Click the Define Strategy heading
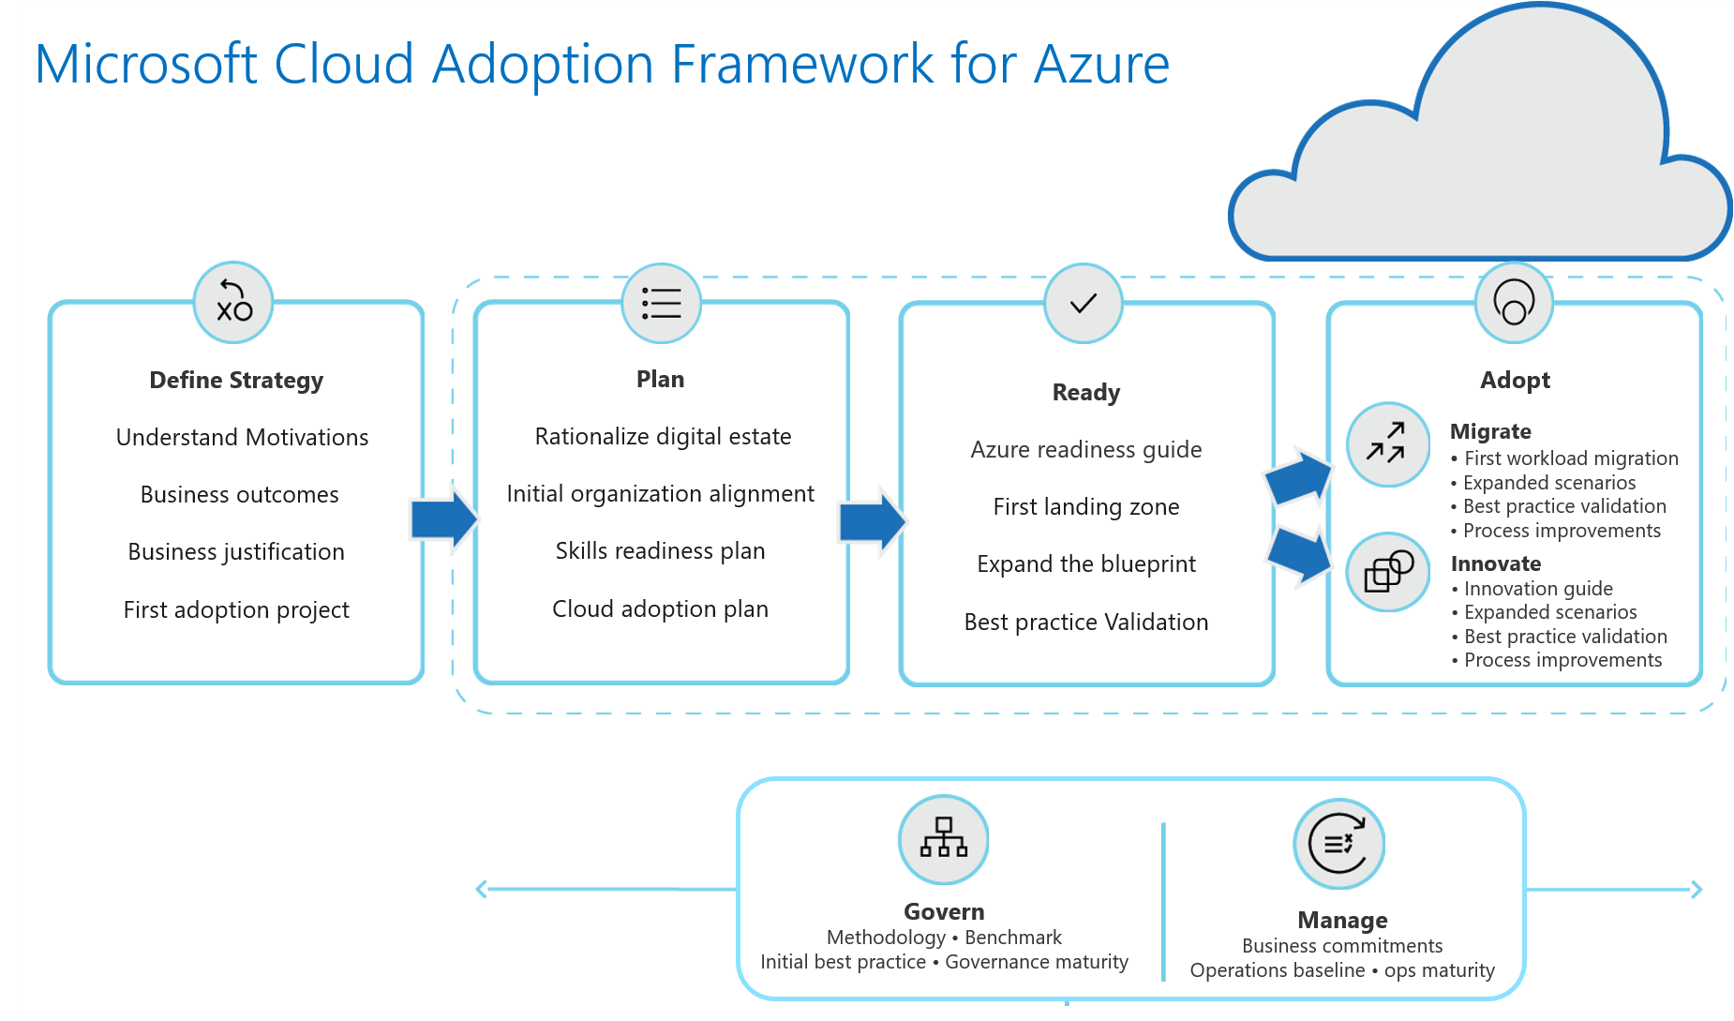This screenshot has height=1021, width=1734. pos(236,380)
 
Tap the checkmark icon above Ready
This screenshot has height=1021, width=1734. pos(1084,303)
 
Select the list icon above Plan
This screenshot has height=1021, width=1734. pos(661,303)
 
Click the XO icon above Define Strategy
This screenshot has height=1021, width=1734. pos(233,302)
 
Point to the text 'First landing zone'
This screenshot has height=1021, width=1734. pos(1085,507)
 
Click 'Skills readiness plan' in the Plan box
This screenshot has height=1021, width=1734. pos(660,550)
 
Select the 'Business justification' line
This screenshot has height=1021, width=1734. pos(236,551)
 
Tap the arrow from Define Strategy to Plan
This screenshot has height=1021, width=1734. pos(443,518)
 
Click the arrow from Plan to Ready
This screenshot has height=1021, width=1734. pos(872,520)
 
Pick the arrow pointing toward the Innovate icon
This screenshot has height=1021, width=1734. pos(1299,555)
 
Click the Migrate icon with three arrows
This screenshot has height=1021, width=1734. pos(1387,444)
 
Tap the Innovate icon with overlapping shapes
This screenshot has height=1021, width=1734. pos(1387,572)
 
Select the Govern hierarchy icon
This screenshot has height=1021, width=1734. pos(943,839)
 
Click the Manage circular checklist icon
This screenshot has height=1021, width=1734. pos(1338,844)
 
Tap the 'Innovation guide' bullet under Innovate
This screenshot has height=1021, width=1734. pos(1538,589)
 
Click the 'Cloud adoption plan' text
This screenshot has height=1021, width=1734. pos(660,608)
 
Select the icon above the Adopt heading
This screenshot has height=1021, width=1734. pos(1514,303)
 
